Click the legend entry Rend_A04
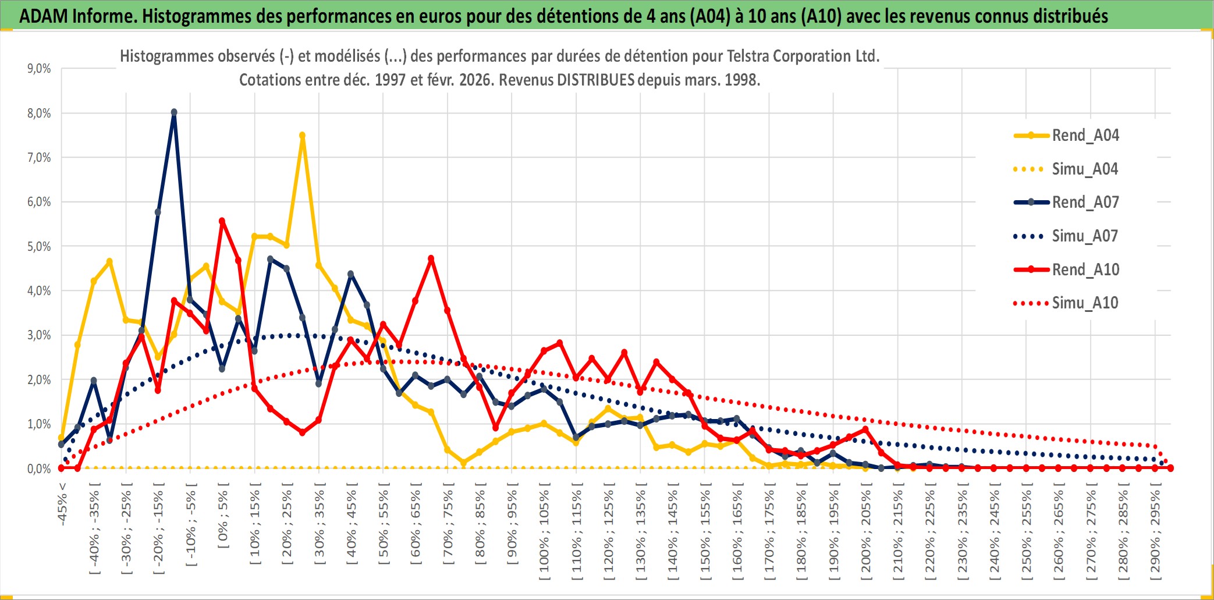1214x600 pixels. click(1085, 136)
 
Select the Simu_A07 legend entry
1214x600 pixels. click(1085, 236)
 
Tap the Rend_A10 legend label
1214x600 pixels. click(1085, 270)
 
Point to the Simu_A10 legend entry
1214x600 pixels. click(1085, 303)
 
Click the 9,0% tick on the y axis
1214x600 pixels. click(39, 69)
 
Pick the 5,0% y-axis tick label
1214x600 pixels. click(39, 247)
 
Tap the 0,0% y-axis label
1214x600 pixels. click(39, 469)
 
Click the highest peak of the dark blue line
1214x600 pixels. click(174, 112)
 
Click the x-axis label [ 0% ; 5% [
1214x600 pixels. click(223, 516)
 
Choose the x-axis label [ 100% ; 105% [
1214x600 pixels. click(544, 532)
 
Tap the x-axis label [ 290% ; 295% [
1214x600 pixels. click(1155, 532)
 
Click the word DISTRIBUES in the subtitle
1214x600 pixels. click(595, 80)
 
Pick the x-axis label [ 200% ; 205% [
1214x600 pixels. click(866, 532)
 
